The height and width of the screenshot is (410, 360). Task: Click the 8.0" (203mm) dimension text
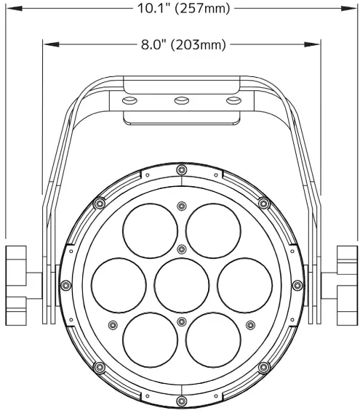click(183, 45)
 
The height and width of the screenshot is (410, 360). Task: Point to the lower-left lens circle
click(149, 339)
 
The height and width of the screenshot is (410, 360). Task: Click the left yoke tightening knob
click(16, 285)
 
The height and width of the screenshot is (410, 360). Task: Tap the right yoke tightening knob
click(347, 285)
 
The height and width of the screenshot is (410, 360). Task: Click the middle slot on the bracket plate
click(180, 99)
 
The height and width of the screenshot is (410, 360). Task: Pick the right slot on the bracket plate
click(232, 99)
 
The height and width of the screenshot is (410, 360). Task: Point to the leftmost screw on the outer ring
click(65, 284)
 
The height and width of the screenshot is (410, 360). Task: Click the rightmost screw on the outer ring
click(297, 284)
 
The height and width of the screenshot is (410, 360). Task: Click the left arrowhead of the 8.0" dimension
click(47, 45)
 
